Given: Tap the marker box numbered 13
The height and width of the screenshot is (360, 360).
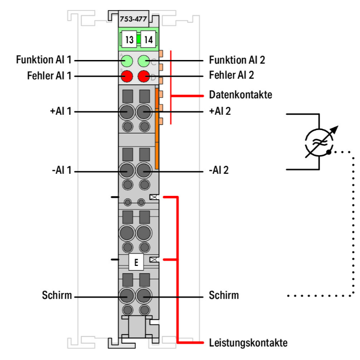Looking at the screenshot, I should [x=129, y=39].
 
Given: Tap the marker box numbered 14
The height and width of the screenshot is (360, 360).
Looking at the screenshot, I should [x=147, y=39].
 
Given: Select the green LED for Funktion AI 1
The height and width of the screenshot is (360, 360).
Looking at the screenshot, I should [x=127, y=61].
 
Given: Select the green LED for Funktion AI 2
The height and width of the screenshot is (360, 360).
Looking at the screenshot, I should [x=144, y=61].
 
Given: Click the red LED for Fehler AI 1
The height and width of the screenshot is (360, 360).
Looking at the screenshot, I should [x=127, y=76].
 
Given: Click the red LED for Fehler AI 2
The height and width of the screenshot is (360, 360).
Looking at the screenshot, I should [x=144, y=76].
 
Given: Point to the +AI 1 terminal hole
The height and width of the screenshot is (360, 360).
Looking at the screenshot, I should [x=127, y=112].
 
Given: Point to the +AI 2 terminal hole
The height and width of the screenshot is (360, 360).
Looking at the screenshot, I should [x=144, y=112].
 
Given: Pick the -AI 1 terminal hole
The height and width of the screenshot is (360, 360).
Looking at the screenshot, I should [x=127, y=171].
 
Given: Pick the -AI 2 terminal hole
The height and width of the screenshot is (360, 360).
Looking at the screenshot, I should [x=144, y=171].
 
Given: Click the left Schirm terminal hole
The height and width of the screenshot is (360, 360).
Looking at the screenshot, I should [x=127, y=295].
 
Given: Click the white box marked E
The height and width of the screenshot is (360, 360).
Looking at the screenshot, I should [x=136, y=263].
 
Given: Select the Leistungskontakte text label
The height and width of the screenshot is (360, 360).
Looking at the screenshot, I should [x=248, y=343].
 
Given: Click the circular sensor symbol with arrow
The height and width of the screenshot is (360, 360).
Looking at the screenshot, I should [x=319, y=143].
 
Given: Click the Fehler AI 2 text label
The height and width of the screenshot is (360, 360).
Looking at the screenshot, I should [x=231, y=75].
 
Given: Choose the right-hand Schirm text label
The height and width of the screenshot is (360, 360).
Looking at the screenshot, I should [x=224, y=295].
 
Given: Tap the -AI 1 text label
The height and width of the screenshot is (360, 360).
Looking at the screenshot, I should [x=60, y=171].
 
